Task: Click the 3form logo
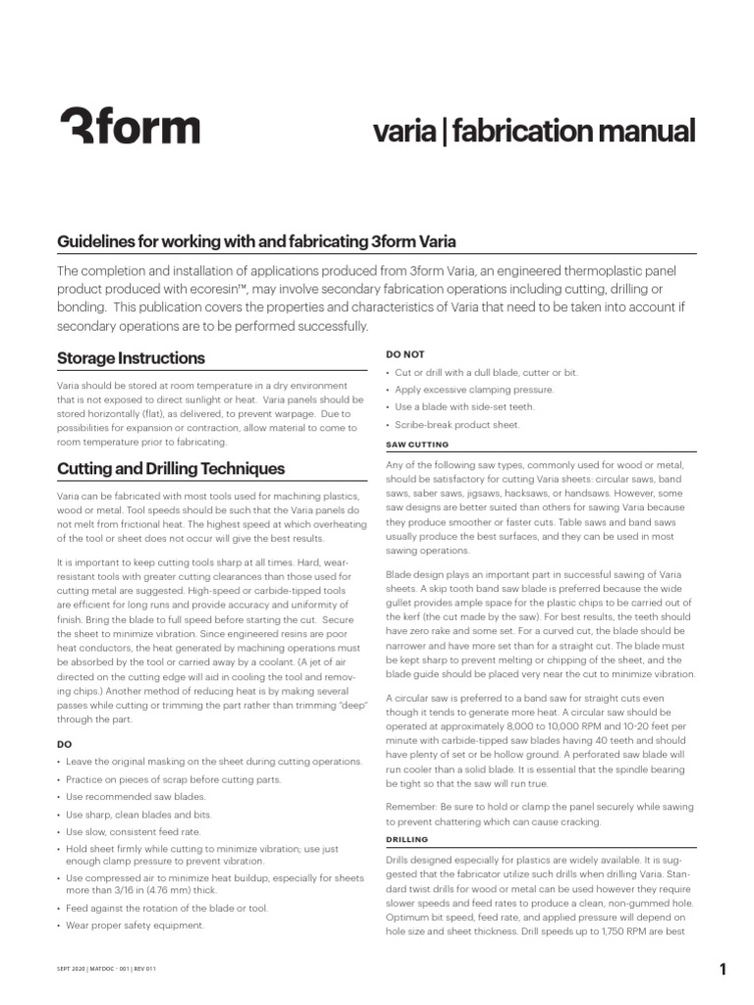click(130, 129)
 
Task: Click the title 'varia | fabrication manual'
click(535, 131)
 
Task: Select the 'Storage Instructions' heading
click(131, 358)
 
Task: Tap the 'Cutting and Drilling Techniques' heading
click(171, 468)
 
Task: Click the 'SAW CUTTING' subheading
click(417, 445)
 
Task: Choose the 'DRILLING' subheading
click(409, 839)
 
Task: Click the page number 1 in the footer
click(723, 971)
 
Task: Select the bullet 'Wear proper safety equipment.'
click(135, 925)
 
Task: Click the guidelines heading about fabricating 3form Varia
click(255, 241)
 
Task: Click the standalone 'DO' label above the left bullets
click(64, 744)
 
